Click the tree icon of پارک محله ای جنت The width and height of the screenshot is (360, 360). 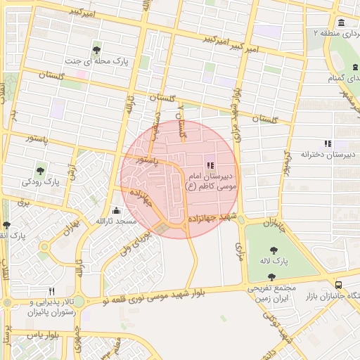click(x=96, y=49)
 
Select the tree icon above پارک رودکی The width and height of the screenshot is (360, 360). click(x=42, y=169)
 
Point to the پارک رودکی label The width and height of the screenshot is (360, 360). click(x=41, y=182)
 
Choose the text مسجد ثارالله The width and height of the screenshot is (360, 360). click(x=116, y=222)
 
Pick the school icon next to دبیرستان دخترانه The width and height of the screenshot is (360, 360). click(x=327, y=143)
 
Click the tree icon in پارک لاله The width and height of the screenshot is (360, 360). click(x=271, y=250)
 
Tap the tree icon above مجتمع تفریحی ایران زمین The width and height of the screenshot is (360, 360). click(x=271, y=276)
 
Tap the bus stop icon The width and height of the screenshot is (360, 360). click(x=339, y=285)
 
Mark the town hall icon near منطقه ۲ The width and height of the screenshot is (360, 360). click(x=341, y=22)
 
